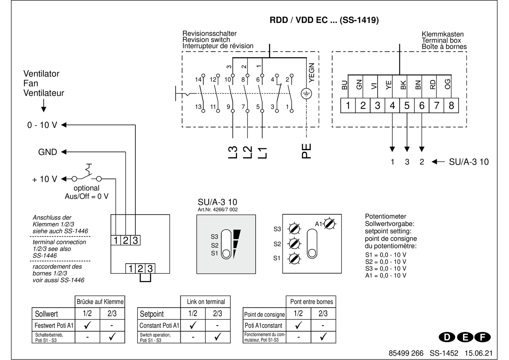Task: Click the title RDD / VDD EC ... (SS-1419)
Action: coord(324,20)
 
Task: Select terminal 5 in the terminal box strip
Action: coord(407,106)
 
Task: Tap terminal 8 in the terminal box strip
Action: coord(451,106)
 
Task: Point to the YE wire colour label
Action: coord(389,85)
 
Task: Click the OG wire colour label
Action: coord(448,84)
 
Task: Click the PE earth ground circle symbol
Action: coord(306,94)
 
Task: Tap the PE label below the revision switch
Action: coord(306,151)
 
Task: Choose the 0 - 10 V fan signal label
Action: coord(42,125)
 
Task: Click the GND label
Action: coord(48,152)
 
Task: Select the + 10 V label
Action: coord(45,179)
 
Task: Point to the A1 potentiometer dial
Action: coord(330,224)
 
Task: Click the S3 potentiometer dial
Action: coord(294,229)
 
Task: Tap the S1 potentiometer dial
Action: coord(294,258)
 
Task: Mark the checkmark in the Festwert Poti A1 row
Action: coord(87,325)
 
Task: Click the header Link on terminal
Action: coord(206,302)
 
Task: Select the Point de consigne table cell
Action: coord(265,314)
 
